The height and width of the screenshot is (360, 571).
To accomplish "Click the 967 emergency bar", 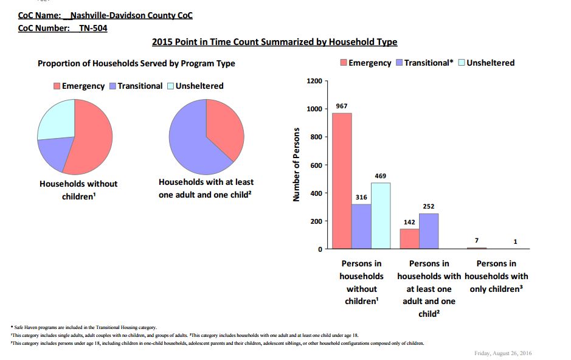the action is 342,181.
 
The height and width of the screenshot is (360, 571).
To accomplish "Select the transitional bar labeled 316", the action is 361,226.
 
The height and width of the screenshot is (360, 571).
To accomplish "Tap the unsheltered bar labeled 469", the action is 381,216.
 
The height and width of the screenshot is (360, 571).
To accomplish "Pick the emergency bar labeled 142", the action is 409,239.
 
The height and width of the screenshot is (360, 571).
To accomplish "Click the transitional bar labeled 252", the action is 429,231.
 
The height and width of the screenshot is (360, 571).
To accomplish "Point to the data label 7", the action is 477,240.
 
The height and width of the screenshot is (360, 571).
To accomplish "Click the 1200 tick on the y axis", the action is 314,81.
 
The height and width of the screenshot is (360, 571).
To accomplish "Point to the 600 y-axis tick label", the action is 316,165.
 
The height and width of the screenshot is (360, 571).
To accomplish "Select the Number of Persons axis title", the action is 296,165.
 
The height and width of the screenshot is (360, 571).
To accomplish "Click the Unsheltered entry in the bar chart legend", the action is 486,63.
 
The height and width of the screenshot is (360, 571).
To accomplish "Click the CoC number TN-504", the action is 93,29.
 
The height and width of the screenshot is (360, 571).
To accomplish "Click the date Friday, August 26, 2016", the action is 503,353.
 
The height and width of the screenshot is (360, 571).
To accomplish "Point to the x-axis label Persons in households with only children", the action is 496,276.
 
